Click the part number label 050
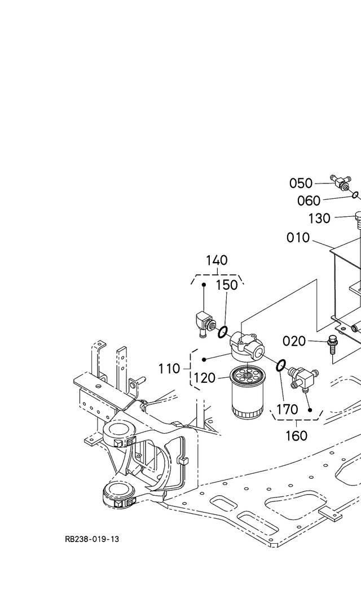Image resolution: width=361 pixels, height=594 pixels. [x=301, y=184]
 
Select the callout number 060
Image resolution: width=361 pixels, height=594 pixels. [x=309, y=201]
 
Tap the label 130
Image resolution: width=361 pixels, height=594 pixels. [x=319, y=218]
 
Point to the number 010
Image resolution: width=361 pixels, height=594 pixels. [x=298, y=238]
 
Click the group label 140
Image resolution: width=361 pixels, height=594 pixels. [x=217, y=260]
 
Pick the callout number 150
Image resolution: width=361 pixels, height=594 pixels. [x=227, y=285]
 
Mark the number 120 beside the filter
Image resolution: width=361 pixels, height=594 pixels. [x=204, y=378]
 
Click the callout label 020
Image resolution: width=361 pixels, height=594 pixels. [x=294, y=341]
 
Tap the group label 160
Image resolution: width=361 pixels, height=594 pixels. [x=296, y=435]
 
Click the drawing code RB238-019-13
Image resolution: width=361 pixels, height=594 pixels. [x=92, y=539]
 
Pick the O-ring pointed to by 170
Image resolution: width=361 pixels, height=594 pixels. [x=281, y=367]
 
